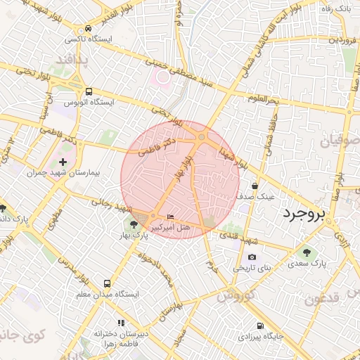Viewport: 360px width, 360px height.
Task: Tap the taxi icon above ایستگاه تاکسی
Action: tap(87, 29)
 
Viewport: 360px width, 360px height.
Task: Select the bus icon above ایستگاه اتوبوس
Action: tap(89, 91)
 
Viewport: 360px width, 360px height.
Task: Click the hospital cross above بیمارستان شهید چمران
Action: tap(63, 162)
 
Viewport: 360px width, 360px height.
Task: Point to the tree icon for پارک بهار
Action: tap(134, 224)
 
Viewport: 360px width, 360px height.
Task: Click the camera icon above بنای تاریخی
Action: tap(252, 257)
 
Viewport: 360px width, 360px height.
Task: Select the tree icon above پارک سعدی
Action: tap(307, 252)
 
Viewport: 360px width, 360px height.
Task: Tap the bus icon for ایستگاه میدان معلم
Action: tap(106, 284)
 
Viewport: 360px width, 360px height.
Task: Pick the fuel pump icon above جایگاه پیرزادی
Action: tap(260, 326)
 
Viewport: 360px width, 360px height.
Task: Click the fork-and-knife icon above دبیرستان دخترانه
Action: tap(121, 323)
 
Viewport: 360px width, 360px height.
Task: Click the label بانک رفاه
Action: tap(336, 8)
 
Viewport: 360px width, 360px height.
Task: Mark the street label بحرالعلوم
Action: tap(264, 99)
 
